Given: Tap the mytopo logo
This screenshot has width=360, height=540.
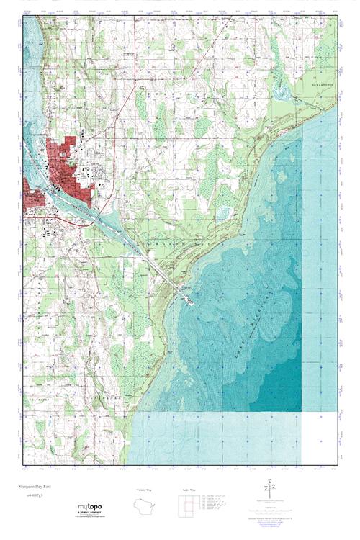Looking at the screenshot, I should (91, 508).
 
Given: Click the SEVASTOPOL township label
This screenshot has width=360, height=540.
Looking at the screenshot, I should (318, 84).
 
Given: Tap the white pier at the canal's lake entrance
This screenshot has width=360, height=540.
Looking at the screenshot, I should (189, 300).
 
